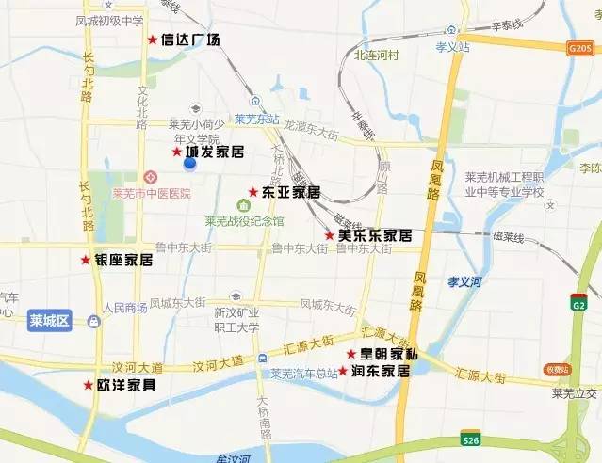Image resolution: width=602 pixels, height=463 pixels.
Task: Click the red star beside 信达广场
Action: [153, 40]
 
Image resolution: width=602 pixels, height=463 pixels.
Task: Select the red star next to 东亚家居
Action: [252, 192]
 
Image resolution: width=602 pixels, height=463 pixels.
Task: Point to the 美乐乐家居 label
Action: [375, 234]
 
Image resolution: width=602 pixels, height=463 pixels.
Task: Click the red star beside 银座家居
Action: [86, 260]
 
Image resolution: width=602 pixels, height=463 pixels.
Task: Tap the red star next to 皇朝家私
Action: [350, 354]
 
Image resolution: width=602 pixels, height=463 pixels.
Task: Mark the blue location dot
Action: [189, 163]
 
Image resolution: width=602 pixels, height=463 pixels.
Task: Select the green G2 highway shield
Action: [578, 303]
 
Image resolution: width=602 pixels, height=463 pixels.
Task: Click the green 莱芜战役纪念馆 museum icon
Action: [244, 205]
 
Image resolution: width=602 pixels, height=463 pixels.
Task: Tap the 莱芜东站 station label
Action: [257, 120]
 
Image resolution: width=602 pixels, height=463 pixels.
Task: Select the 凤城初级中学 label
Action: [110, 20]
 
